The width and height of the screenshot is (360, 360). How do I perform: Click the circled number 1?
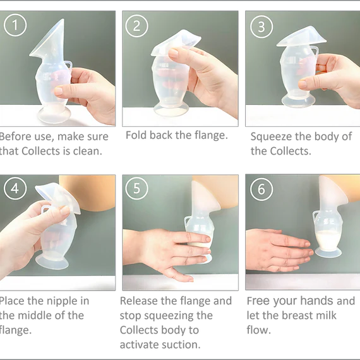click(15, 25)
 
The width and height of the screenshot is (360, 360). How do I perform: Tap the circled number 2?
click(136, 26)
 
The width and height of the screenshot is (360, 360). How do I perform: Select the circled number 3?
click(261, 27)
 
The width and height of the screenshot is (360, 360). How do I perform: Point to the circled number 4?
click(15, 188)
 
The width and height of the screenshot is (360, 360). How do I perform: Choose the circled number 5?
click(136, 188)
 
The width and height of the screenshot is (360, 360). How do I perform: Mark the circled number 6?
click(261, 189)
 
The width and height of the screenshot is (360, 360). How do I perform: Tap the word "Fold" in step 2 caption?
click(136, 135)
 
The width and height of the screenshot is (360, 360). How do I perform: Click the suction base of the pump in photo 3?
click(298, 100)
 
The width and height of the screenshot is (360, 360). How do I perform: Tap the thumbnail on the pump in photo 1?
click(58, 91)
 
